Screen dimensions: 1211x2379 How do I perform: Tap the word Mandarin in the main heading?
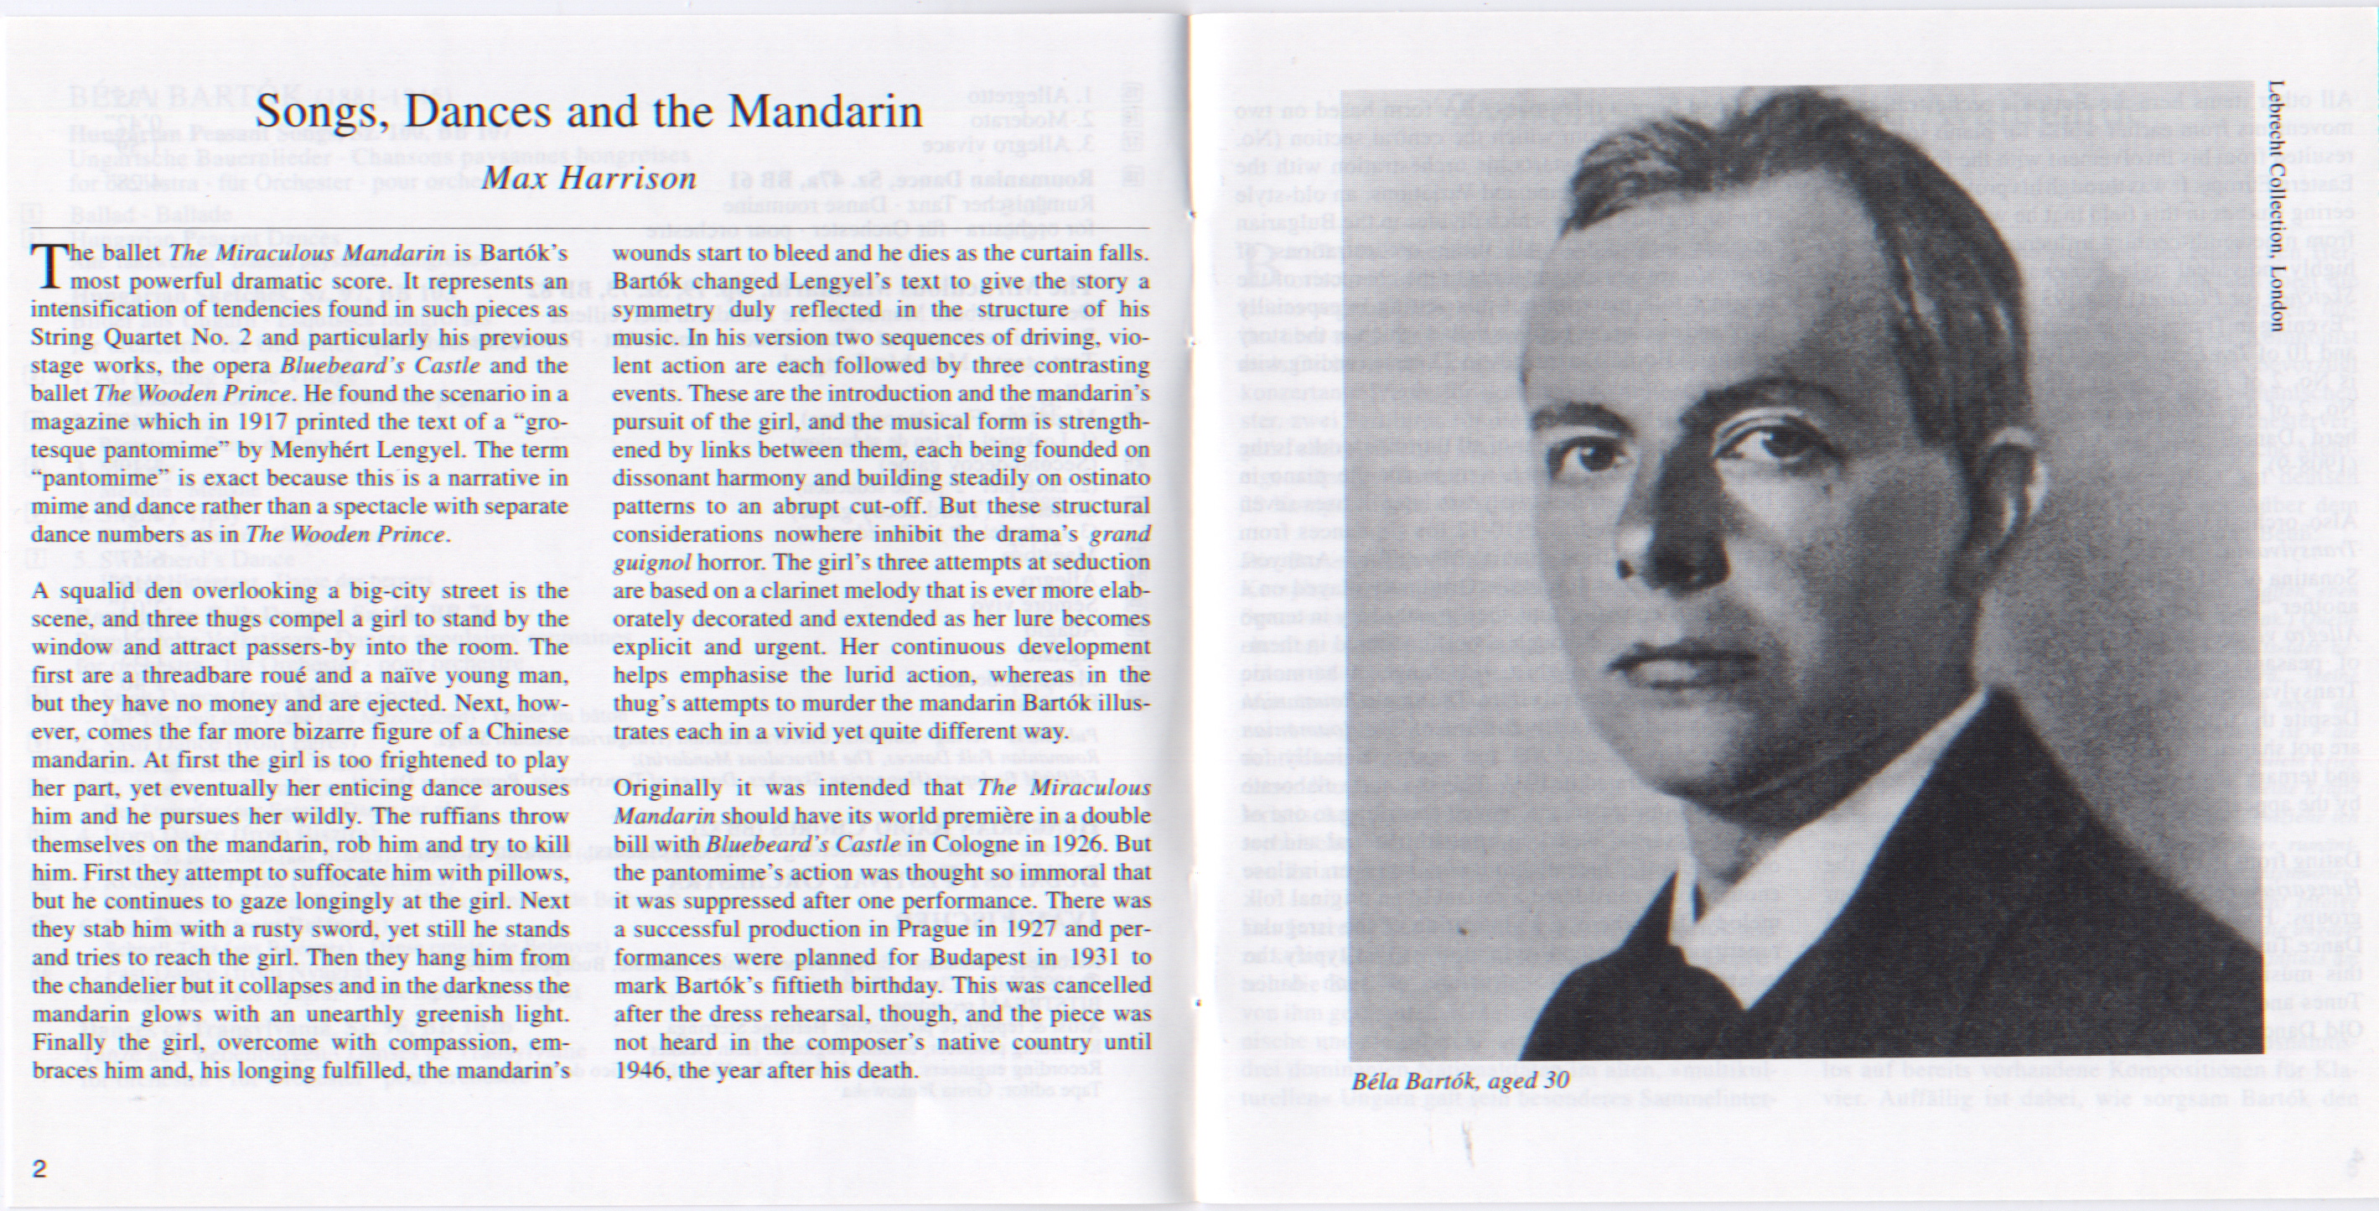pos(825,112)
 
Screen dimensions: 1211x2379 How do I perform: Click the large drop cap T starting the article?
pos(46,265)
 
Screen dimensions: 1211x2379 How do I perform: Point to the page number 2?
pos(39,1168)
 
